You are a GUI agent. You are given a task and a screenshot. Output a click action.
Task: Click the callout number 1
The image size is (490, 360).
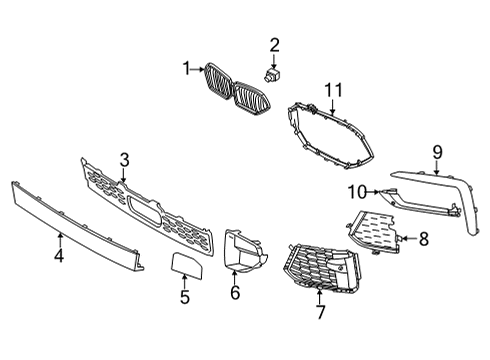[x=185, y=68]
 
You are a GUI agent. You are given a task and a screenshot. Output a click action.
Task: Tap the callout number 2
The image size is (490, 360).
[x=274, y=45]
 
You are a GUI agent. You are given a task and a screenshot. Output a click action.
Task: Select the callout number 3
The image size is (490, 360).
[x=125, y=158]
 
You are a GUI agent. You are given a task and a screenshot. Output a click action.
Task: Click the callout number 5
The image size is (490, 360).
[x=185, y=296]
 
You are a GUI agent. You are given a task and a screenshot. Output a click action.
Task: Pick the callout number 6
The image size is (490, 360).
[x=236, y=294]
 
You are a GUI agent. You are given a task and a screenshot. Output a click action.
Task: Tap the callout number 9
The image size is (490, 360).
[x=437, y=152]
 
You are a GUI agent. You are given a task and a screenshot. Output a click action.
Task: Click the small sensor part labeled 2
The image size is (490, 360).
[x=274, y=74]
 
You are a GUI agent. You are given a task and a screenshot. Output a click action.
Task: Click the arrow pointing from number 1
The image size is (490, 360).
[x=197, y=68]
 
